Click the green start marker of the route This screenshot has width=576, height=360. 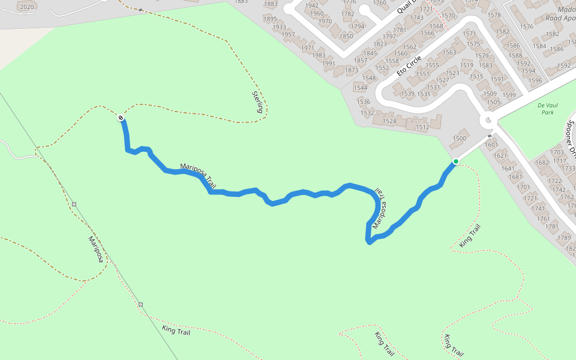click(x=456, y=161)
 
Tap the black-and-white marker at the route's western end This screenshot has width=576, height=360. click(x=121, y=118)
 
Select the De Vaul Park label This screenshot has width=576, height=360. click(x=546, y=109)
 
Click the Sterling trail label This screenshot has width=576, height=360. click(x=258, y=102)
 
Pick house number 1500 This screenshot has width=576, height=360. click(x=460, y=139)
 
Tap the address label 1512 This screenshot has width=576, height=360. click(x=422, y=127)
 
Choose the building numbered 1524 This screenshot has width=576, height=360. click(x=389, y=121)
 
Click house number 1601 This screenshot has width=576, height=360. click(x=491, y=145)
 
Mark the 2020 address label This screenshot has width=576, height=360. click(x=26, y=7)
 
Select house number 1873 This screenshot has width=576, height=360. click(x=351, y=70)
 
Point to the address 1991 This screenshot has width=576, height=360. click(x=328, y=64)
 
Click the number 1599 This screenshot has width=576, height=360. click(x=509, y=95)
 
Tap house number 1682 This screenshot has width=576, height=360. click(x=542, y=163)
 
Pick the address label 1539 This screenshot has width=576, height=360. click(x=408, y=94)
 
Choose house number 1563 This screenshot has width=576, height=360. click(x=449, y=52)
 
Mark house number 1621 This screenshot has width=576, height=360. click(x=500, y=156)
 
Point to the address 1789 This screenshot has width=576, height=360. click(x=564, y=238)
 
